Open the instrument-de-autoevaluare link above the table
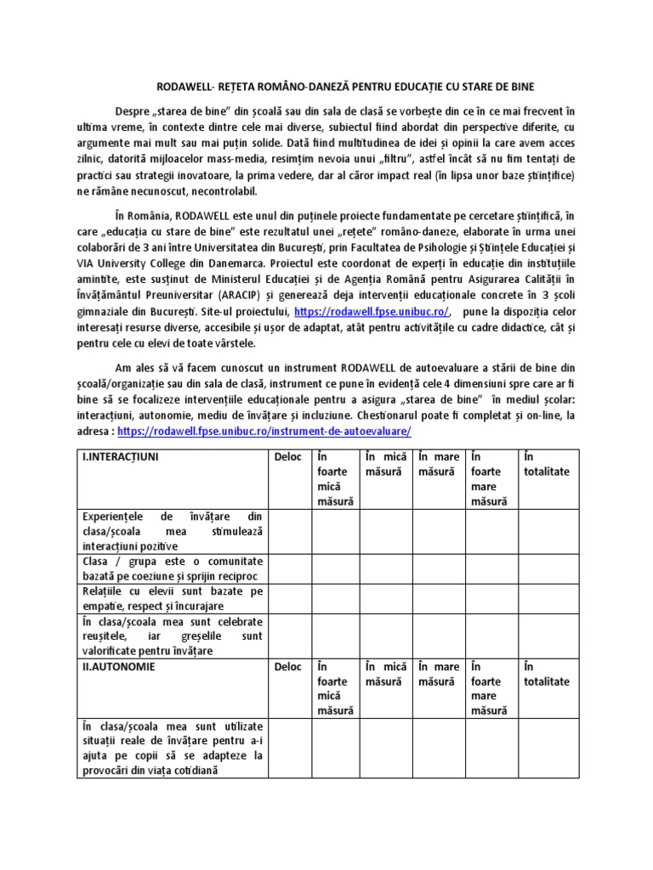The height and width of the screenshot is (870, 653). point(264,431)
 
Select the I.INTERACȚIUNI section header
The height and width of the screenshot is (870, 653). point(120,457)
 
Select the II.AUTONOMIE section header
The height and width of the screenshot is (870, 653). point(119,667)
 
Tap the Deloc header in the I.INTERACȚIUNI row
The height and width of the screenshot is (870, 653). point(287,457)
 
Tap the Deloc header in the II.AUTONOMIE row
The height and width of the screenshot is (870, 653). point(287,667)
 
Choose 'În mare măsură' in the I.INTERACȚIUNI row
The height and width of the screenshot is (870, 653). point(439,464)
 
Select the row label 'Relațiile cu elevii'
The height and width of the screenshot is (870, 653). point(172,598)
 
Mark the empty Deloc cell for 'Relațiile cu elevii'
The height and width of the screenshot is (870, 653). point(287,598)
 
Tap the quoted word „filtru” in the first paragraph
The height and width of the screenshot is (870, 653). point(376,160)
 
